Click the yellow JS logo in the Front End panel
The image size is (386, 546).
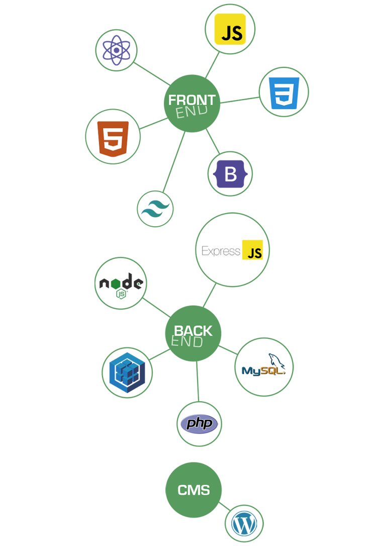(230, 30)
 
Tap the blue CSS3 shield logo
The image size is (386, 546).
(284, 93)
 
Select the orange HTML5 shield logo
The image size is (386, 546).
(113, 138)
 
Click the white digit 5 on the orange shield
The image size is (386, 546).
(113, 137)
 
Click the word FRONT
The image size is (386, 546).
(191, 100)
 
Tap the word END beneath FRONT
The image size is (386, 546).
(191, 112)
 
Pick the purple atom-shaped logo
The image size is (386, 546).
(116, 50)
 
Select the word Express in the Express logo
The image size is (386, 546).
(221, 251)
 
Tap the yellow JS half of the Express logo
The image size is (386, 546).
(254, 250)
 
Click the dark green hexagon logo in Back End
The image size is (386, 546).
(121, 285)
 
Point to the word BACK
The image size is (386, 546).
(193, 331)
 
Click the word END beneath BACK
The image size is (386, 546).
(187, 342)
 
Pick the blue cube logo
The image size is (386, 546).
(127, 373)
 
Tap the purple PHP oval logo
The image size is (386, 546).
(200, 423)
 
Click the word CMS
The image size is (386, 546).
(194, 490)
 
